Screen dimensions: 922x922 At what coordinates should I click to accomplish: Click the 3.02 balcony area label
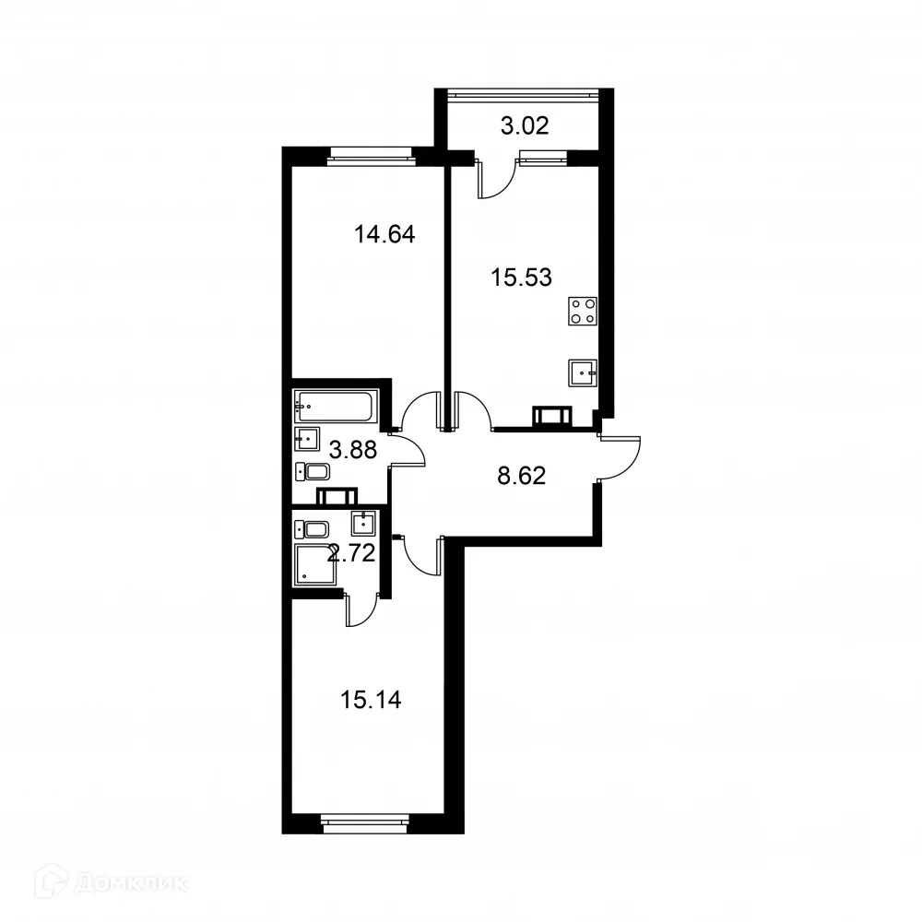tap(525, 126)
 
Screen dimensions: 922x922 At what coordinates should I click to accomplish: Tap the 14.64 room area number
tap(384, 234)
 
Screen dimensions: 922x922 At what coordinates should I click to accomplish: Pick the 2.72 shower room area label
tap(350, 554)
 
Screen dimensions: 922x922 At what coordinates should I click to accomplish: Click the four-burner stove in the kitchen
tap(583, 311)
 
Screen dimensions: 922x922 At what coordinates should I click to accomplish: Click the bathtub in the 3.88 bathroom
tap(336, 406)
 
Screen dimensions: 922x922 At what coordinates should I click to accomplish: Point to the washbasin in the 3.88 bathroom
tap(306, 437)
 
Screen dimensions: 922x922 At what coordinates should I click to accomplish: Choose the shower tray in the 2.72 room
tap(313, 564)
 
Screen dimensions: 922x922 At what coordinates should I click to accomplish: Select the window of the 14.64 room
tap(371, 156)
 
